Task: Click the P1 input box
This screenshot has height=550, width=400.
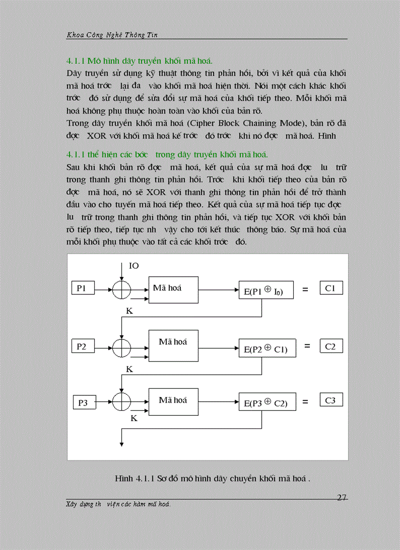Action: (x=82, y=289)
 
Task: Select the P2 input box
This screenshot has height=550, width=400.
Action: (x=82, y=347)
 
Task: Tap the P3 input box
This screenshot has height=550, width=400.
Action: (x=84, y=403)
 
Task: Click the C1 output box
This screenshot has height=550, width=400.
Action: (x=330, y=288)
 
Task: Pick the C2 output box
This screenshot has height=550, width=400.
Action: (x=330, y=346)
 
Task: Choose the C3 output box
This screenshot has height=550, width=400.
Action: (x=330, y=400)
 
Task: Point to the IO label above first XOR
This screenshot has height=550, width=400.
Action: (x=134, y=266)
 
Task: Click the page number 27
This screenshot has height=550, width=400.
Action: (x=342, y=498)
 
